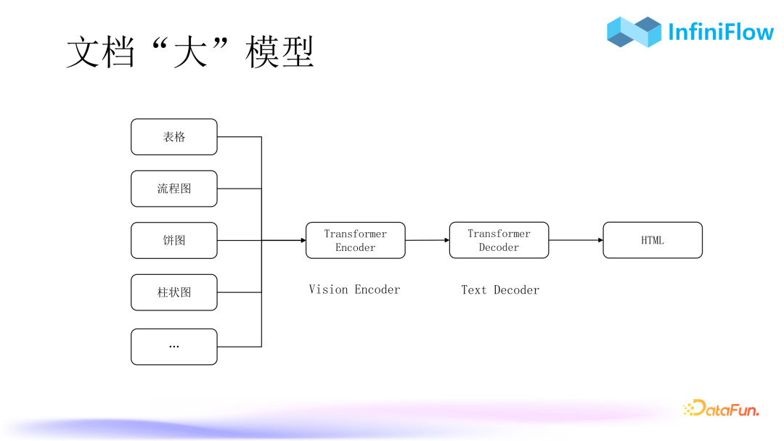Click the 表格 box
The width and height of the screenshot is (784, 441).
174,137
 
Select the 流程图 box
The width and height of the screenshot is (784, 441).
174,189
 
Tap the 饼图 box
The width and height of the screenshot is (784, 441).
174,241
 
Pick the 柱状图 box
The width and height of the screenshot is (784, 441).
174,292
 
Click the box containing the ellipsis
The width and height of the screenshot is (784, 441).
174,347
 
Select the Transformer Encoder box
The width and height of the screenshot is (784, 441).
356,240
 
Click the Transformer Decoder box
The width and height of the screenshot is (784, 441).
499,240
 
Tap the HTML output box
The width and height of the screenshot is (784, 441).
653,240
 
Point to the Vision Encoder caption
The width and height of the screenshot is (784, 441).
354,289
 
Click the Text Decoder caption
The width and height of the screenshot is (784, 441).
500,290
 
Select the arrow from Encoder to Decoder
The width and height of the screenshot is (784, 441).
428,240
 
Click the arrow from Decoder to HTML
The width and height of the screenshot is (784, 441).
576,240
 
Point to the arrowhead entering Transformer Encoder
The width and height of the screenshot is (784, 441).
303,240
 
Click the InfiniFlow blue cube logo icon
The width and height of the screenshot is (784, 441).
634,32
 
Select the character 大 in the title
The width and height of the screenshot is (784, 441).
189,53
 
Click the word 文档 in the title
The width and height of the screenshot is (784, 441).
100,53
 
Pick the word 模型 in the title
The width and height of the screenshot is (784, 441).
279,53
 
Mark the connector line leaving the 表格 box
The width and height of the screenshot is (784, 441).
240,137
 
